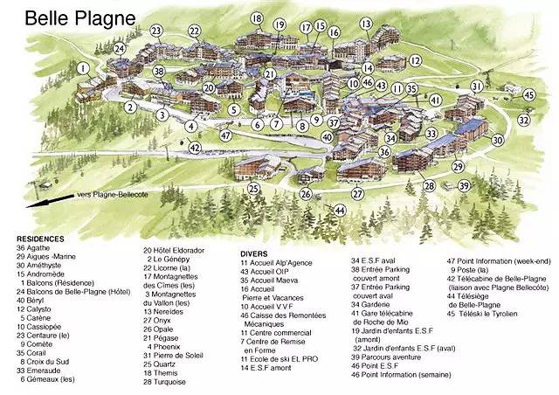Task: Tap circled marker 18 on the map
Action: [256, 18]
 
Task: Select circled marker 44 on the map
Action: [340, 211]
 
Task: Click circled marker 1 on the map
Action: [83, 67]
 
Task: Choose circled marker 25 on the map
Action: [253, 188]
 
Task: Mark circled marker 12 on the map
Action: [416, 61]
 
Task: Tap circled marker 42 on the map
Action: [195, 147]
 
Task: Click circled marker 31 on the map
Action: [477, 86]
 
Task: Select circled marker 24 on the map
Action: [118, 49]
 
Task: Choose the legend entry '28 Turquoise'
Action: [172, 382]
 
